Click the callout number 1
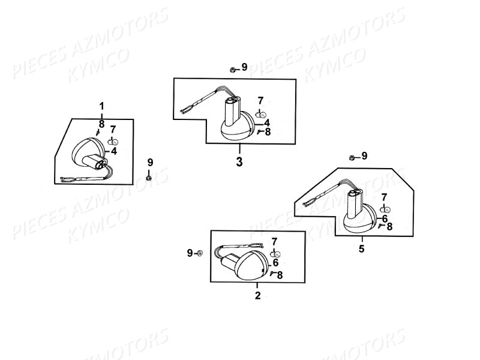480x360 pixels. (x=101, y=107)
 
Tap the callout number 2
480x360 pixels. (x=258, y=296)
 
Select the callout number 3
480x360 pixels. (x=239, y=162)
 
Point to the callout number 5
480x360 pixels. (x=362, y=249)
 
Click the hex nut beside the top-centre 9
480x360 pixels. (x=232, y=70)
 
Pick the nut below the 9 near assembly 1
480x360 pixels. (x=149, y=178)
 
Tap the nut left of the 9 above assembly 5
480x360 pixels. (x=352, y=158)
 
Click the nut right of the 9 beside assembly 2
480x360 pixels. (x=199, y=253)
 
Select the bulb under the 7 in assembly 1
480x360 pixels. (x=113, y=142)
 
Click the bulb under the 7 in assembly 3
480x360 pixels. (x=260, y=115)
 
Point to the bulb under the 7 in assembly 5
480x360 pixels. (x=385, y=209)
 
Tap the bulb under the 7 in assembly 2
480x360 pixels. (x=275, y=254)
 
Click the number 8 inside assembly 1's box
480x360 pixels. (x=101, y=124)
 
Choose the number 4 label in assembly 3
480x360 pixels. (x=267, y=123)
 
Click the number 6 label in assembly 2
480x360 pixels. (x=275, y=263)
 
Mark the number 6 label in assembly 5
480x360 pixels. (x=385, y=218)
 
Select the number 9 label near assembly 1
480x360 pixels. (x=150, y=162)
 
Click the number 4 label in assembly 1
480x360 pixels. (x=114, y=151)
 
